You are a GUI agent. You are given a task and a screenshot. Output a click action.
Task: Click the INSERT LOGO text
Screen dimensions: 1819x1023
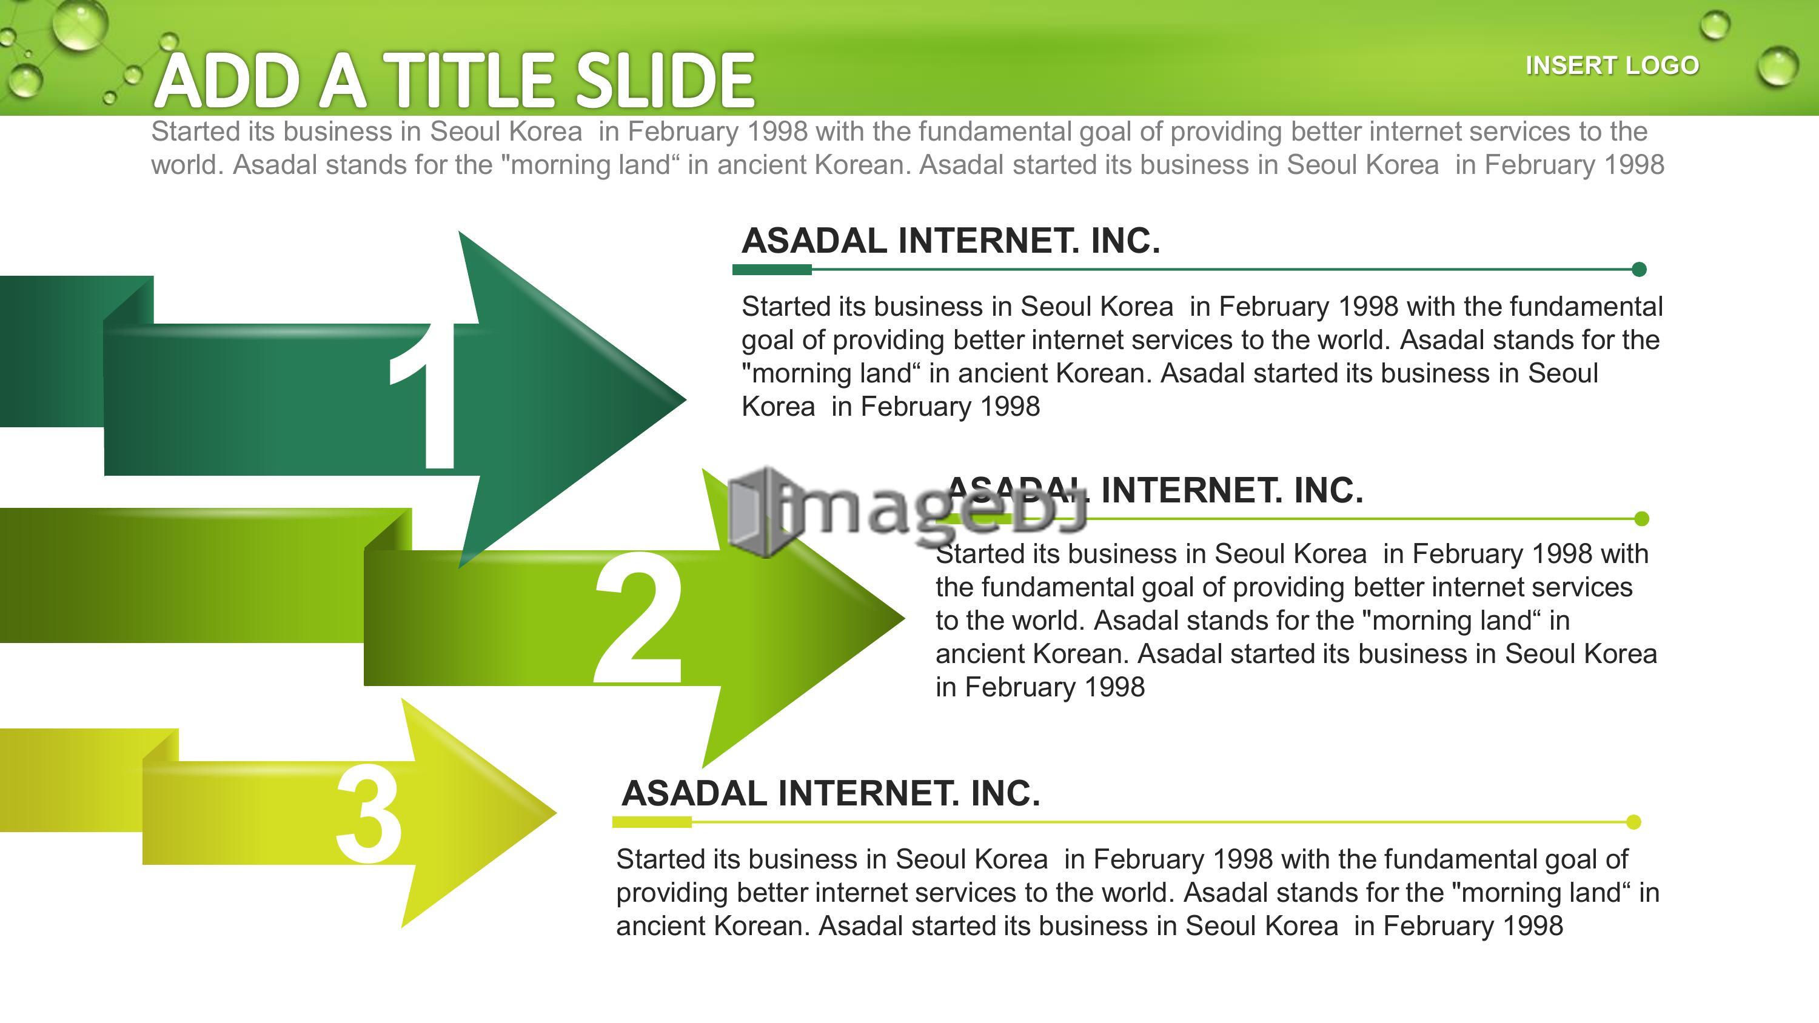[x=1612, y=65]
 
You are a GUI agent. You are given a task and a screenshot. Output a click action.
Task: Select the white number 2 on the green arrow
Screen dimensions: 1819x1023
[x=638, y=619]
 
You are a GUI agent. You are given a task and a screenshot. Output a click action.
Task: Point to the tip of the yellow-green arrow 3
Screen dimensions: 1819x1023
[x=556, y=813]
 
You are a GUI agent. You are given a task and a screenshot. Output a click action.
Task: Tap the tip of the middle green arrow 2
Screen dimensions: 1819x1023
[x=904, y=618]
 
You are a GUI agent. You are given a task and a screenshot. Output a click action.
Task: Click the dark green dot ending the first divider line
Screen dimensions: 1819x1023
[x=1640, y=269]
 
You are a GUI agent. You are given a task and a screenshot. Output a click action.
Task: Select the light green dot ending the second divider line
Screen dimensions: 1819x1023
[x=1642, y=519]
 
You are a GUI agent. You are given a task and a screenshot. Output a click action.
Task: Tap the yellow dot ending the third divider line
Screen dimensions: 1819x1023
[x=1633, y=822]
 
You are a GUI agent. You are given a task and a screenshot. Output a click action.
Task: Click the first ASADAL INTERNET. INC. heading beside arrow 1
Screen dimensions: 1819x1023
[x=951, y=241]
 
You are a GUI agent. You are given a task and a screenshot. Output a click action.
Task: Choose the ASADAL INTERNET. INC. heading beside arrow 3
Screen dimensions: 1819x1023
[x=831, y=793]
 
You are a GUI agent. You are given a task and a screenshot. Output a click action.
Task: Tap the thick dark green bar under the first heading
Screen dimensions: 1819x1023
[x=772, y=269]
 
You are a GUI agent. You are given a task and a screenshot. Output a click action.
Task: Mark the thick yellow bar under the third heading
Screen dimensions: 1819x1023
[x=652, y=822]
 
